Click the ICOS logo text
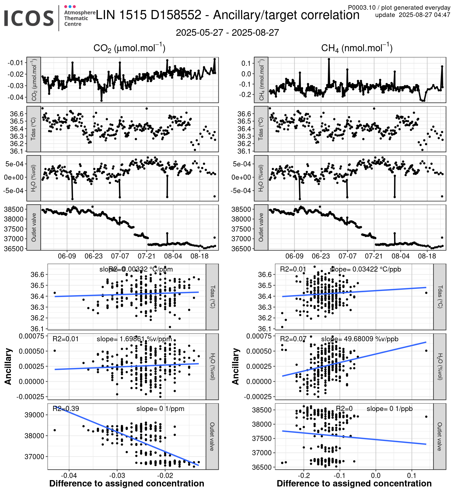pyautogui.click(x=29, y=18)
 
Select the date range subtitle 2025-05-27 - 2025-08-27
pyautogui.click(x=227, y=33)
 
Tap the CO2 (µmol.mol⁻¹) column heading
pyautogui.click(x=129, y=48)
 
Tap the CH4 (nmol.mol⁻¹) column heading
pyautogui.click(x=357, y=48)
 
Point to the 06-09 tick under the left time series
pyautogui.click(x=67, y=256)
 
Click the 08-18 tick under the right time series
pyautogui.click(x=427, y=256)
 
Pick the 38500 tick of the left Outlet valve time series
pyautogui.click(x=14, y=209)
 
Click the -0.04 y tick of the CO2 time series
pyautogui.click(x=15, y=97)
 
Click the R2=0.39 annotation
pyautogui.click(x=66, y=409)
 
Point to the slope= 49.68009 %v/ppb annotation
pyautogui.click(x=360, y=339)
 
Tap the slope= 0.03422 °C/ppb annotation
pyautogui.click(x=365, y=269)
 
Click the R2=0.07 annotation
pyautogui.click(x=293, y=339)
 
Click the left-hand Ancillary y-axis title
pyautogui.click(x=8, y=366)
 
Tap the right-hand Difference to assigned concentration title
pyautogui.click(x=354, y=483)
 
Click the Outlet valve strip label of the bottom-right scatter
pyautogui.click(x=440, y=436)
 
